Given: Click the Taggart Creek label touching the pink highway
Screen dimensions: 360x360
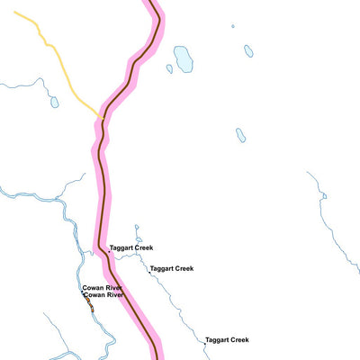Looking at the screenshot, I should click(x=131, y=247).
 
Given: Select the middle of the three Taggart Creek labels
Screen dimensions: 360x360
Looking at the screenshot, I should click(x=172, y=268).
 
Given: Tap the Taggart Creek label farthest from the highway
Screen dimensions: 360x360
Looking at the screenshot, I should click(x=227, y=340).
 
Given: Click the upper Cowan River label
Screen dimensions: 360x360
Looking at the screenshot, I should click(x=103, y=288).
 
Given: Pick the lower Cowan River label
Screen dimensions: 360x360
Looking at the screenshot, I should click(x=103, y=295).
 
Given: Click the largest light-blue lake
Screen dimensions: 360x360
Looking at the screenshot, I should click(x=184, y=58).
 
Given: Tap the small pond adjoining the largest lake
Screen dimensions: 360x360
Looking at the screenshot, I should click(x=169, y=68).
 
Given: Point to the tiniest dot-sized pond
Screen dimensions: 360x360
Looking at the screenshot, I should click(x=232, y=26).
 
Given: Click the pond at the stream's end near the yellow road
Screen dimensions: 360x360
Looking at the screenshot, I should click(x=54, y=102).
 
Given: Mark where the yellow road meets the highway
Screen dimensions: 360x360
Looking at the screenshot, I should click(x=103, y=118).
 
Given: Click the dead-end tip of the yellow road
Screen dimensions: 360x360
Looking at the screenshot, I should click(x=14, y=13).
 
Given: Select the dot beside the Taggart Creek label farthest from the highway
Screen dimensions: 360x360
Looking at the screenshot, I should click(x=203, y=342).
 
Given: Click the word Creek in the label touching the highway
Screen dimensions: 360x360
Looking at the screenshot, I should click(x=143, y=247).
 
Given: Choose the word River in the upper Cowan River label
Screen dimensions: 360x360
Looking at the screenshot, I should click(x=114, y=288).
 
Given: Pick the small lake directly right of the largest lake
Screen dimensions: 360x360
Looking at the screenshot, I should click(x=248, y=51).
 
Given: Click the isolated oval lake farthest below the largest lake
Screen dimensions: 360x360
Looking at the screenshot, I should click(x=240, y=135).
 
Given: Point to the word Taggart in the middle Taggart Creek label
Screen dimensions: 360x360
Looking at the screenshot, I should click(x=163, y=268).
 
